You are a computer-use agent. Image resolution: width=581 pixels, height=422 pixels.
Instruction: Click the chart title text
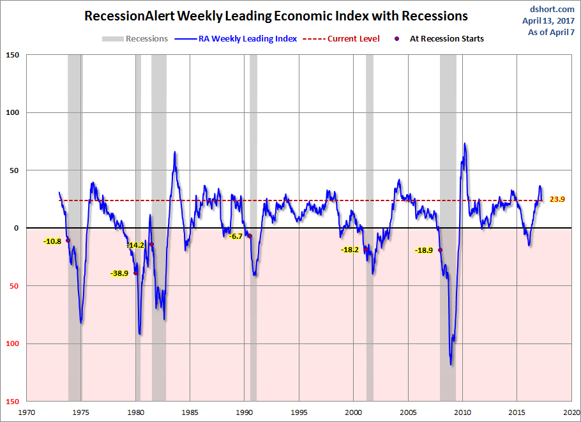tap(276, 16)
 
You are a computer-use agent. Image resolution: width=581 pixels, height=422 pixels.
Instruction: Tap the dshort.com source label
tap(553, 9)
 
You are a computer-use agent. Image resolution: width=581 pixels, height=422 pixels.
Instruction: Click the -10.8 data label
tap(52, 241)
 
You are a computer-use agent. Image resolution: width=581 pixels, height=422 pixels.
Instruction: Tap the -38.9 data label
tap(119, 273)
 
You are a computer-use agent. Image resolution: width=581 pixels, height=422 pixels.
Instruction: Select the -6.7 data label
tap(236, 236)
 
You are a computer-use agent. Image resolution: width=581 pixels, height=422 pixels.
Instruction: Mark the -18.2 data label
tap(350, 250)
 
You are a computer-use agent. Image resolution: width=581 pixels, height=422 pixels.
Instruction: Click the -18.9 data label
tap(424, 251)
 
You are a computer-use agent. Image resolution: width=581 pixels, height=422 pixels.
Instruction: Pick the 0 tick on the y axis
tap(17, 228)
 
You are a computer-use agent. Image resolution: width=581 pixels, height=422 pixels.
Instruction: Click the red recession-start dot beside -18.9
tap(440, 250)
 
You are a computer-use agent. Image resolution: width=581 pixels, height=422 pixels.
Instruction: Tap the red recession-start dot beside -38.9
tap(135, 273)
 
